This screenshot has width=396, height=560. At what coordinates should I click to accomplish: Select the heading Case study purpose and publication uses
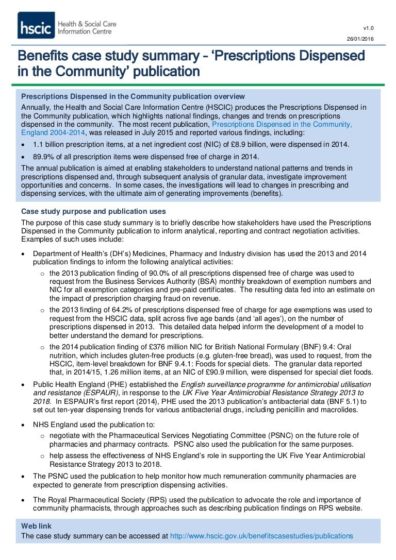pyautogui.click(x=93, y=211)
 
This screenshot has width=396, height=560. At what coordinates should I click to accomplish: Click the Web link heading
pyautogui.click(x=36, y=525)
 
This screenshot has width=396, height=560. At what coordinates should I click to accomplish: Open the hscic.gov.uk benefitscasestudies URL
pyautogui.click(x=261, y=536)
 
